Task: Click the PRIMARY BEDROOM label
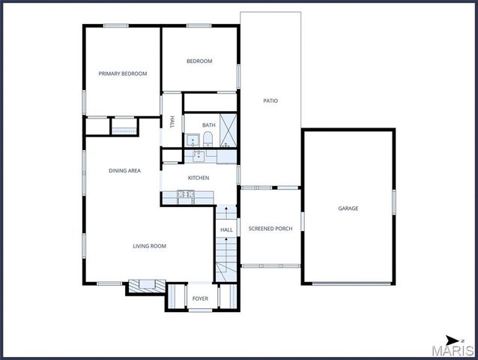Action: (123, 73)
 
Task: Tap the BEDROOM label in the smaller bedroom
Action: (199, 61)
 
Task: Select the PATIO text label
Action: (270, 100)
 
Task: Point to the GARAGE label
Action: (348, 208)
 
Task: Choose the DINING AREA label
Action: (124, 171)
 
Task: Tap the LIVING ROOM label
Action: (149, 246)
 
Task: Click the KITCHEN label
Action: (199, 178)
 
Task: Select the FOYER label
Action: (200, 298)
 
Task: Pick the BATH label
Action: (208, 125)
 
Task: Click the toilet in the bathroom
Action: (208, 139)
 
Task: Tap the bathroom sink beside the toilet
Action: (192, 139)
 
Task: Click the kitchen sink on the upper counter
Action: (199, 156)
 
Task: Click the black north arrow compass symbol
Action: (453, 340)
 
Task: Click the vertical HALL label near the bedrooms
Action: (172, 121)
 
